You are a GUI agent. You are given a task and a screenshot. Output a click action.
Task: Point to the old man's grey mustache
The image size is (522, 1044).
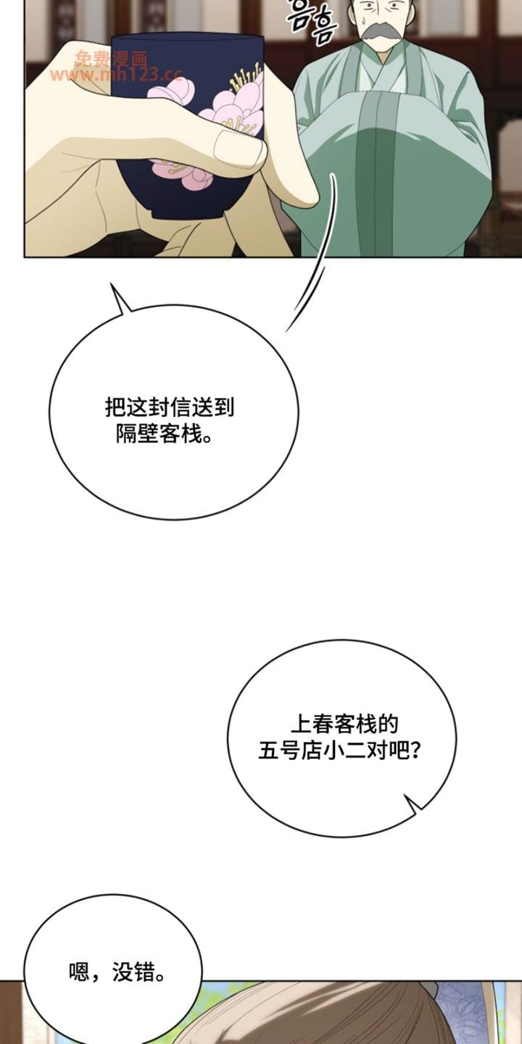383,32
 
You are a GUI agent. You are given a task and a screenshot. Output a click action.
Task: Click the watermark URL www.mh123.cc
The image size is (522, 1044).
116,75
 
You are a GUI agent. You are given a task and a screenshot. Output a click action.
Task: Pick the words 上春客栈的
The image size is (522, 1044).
344,723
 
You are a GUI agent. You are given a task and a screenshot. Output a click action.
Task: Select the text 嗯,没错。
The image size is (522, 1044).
117,972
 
